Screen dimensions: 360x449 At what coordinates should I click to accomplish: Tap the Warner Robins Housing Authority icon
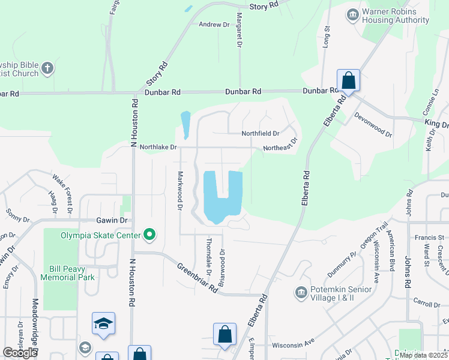coord(352,13)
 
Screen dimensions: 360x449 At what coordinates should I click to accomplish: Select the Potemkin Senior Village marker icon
coord(301,292)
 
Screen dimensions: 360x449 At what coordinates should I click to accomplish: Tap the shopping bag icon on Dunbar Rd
coord(348,80)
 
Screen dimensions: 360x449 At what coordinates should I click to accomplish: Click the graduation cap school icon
coord(103,323)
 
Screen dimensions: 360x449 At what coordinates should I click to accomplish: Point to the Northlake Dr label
coord(158,147)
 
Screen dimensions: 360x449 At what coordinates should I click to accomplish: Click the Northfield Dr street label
coord(261,133)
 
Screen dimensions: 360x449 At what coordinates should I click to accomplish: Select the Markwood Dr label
coord(179,191)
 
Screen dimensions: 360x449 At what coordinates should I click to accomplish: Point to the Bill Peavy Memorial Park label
coord(67,273)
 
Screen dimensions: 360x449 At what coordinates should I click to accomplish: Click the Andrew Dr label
coord(214,25)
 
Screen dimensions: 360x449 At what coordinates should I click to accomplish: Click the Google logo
coord(20,353)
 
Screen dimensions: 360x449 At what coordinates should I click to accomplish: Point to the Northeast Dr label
coord(280,148)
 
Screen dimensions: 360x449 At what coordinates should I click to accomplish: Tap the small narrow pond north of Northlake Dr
coord(185,124)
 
